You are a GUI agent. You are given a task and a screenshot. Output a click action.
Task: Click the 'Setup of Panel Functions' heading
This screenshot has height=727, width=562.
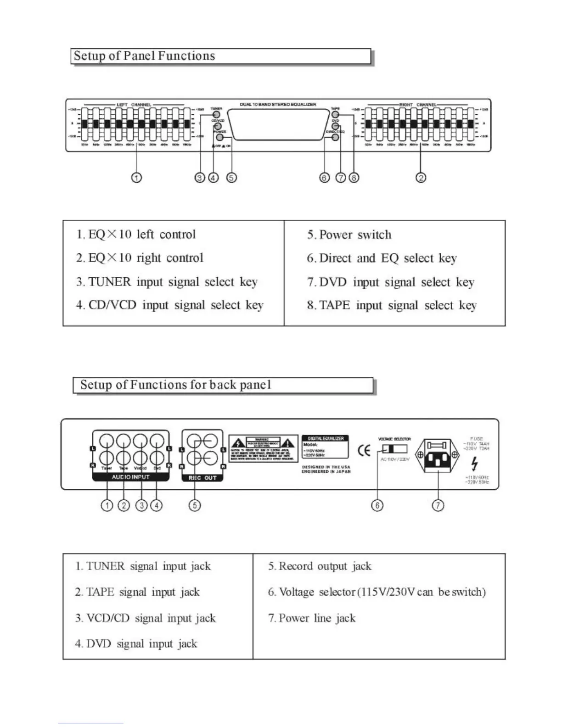[144, 56]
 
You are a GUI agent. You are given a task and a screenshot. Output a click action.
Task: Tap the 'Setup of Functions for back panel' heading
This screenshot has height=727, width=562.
[175, 385]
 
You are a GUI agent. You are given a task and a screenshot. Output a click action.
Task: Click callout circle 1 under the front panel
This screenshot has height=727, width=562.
[136, 177]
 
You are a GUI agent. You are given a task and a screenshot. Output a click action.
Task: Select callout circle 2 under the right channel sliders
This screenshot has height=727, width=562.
[421, 177]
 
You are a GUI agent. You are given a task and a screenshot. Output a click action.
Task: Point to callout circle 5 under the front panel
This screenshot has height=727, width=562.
[231, 177]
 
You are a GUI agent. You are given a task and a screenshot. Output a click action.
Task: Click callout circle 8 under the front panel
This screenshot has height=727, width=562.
[354, 177]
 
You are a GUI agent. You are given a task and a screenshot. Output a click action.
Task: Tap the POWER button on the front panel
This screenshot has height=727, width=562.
[220, 137]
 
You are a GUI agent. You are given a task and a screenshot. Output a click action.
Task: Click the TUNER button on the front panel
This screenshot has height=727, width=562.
[216, 114]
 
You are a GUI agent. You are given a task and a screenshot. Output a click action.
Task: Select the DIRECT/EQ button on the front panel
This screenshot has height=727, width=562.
[336, 137]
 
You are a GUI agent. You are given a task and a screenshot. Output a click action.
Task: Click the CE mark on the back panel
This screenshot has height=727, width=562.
[364, 451]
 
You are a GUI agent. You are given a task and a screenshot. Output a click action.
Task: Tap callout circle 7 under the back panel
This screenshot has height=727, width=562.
[438, 505]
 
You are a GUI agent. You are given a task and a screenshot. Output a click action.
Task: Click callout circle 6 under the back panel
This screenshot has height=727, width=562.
[377, 505]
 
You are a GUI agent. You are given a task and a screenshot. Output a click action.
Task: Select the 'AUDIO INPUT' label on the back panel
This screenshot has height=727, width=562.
[131, 477]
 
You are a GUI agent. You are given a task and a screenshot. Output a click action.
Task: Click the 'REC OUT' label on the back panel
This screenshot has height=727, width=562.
[202, 478]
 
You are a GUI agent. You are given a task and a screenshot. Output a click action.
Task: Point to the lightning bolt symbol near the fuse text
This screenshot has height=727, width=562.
[474, 464]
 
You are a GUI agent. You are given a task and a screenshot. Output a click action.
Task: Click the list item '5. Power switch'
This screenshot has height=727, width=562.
[349, 235]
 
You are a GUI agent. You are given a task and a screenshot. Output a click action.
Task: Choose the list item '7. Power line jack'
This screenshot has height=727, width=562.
[312, 618]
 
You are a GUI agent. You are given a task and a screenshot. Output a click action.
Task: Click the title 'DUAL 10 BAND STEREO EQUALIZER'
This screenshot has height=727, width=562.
[278, 105]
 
